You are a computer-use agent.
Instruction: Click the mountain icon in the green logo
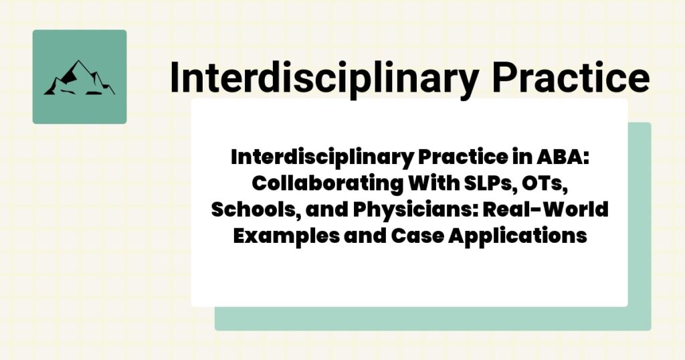(x=79, y=78)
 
